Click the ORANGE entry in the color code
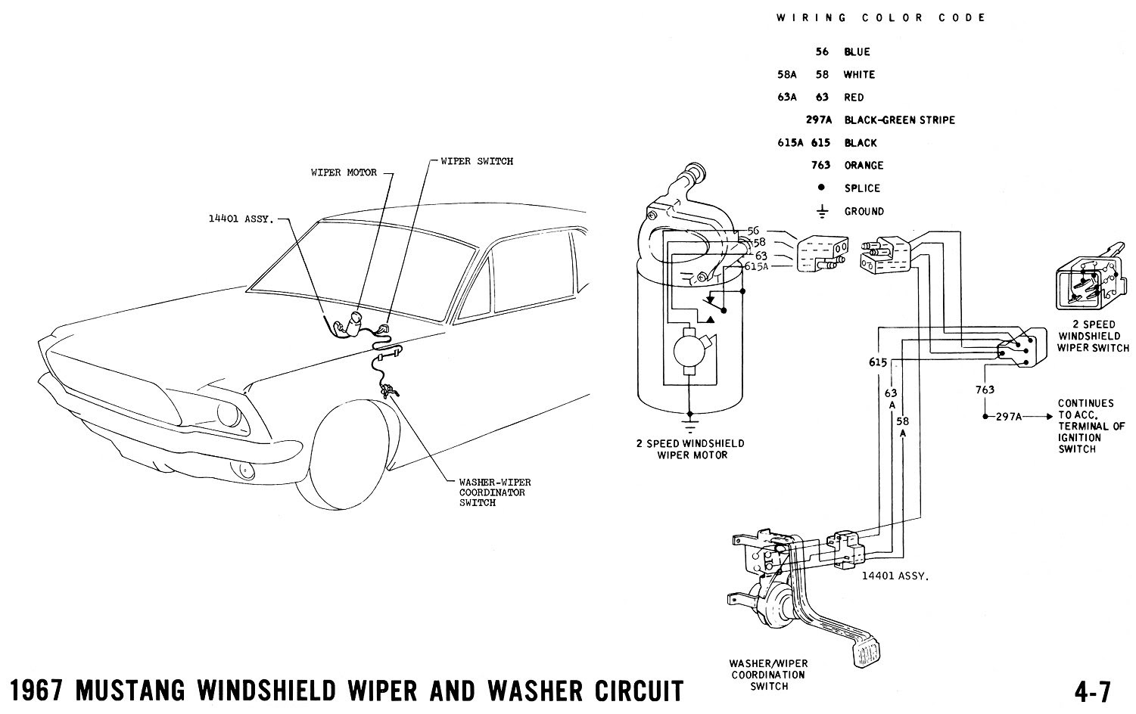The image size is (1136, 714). (x=864, y=166)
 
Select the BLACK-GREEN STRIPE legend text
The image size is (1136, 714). (x=899, y=120)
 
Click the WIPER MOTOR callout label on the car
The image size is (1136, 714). (x=344, y=172)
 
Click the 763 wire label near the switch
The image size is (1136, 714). (x=985, y=390)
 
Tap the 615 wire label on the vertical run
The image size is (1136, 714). (x=878, y=363)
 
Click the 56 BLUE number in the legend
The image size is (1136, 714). (x=823, y=52)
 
